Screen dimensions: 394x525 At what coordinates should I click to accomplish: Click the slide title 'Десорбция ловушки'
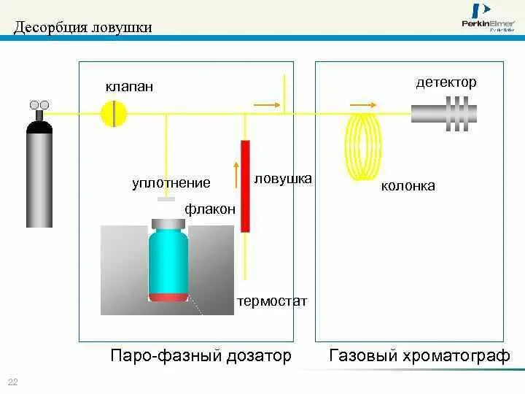pyautogui.click(x=84, y=28)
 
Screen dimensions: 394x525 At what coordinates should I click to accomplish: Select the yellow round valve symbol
pyautogui.click(x=114, y=113)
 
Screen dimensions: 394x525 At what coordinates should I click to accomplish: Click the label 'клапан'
pyautogui.click(x=130, y=87)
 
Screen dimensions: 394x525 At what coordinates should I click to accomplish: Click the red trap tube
pyautogui.click(x=245, y=186)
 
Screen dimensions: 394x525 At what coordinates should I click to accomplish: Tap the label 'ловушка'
pyautogui.click(x=283, y=178)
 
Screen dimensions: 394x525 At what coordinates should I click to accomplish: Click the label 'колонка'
pyautogui.click(x=408, y=186)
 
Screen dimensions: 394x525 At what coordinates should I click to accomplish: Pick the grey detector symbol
pyautogui.click(x=444, y=113)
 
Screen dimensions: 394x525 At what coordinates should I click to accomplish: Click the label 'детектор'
pyautogui.click(x=446, y=82)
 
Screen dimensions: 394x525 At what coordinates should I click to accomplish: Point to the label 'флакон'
pyautogui.click(x=210, y=209)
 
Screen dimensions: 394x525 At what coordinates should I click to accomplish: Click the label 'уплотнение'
pyautogui.click(x=171, y=183)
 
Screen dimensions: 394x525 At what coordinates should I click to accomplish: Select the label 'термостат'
pyautogui.click(x=272, y=301)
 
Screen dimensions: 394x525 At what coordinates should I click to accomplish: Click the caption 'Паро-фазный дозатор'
pyautogui.click(x=201, y=356)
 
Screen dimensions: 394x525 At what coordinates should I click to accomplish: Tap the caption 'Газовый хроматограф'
pyautogui.click(x=419, y=356)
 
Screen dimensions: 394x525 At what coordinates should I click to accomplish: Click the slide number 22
pyautogui.click(x=12, y=382)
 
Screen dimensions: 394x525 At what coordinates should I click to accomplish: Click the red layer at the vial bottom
pyautogui.click(x=168, y=296)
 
